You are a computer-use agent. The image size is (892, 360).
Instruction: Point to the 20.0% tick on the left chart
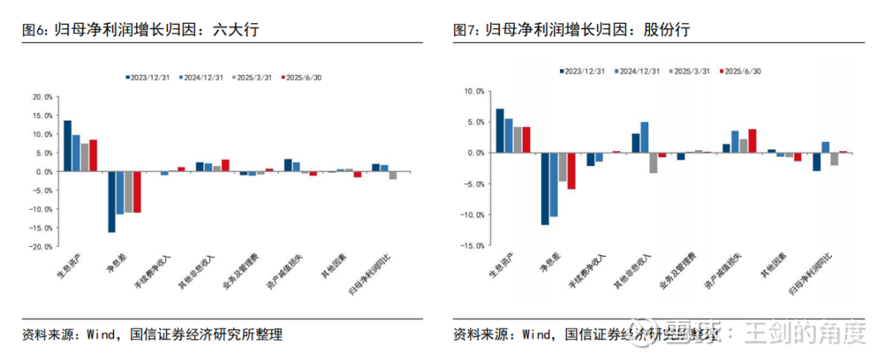pyautogui.click(x=42, y=97)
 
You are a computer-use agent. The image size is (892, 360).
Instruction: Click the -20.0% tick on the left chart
pyautogui.click(x=41, y=246)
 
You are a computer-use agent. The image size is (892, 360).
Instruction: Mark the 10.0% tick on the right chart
pyautogui.click(x=472, y=92)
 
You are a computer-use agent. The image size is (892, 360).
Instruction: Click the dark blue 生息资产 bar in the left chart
pyautogui.click(x=67, y=146)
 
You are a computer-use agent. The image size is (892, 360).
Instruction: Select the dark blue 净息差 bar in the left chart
pyautogui.click(x=111, y=201)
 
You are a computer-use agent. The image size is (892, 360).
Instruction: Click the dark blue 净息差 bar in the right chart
pyautogui.click(x=545, y=188)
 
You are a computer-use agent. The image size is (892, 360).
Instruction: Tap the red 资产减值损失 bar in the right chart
pyautogui.click(x=752, y=140)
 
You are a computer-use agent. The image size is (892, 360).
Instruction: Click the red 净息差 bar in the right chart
pyautogui.click(x=571, y=171)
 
